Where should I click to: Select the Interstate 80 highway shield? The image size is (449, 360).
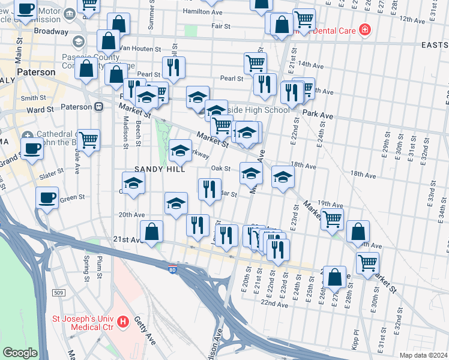[172, 266]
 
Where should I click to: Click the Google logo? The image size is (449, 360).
[19, 353]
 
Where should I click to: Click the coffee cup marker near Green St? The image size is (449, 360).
[47, 197]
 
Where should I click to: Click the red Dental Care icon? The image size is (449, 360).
[364, 29]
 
